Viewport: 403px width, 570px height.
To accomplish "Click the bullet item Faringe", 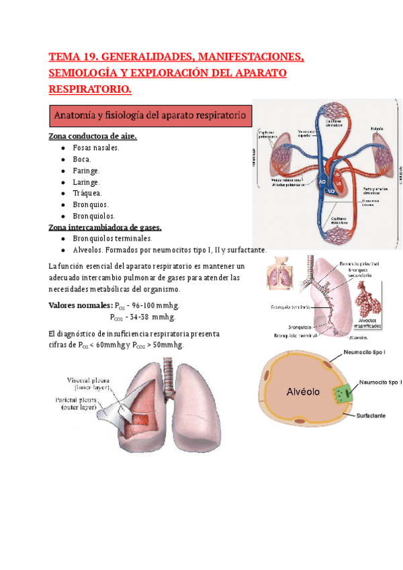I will (86, 171).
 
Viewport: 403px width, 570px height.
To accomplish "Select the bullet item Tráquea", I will (87, 194).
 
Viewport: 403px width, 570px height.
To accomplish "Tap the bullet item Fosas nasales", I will (96, 148).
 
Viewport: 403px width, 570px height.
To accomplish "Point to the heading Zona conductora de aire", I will (93, 136).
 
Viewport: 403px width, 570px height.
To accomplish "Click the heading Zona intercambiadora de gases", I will (105, 227).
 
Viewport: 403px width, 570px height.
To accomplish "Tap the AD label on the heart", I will (323, 181).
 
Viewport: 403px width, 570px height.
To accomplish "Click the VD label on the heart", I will (330, 192).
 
